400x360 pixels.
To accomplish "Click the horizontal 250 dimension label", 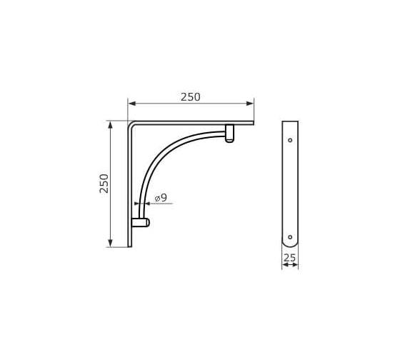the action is (191, 97).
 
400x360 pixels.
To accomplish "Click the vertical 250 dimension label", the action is (104, 184).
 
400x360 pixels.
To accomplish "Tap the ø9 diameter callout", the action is (161, 197).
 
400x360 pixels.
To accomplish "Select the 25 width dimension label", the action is (290, 258).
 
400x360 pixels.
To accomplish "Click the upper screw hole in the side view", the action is (290, 140).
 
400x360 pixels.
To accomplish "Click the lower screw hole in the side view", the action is (290, 237).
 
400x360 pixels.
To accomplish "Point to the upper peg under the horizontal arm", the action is (229, 133).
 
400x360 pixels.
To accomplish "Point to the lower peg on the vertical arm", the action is (141, 222).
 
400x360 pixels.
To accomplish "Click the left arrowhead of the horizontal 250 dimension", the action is (131, 104).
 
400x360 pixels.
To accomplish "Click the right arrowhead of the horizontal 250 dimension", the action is (250, 104).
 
